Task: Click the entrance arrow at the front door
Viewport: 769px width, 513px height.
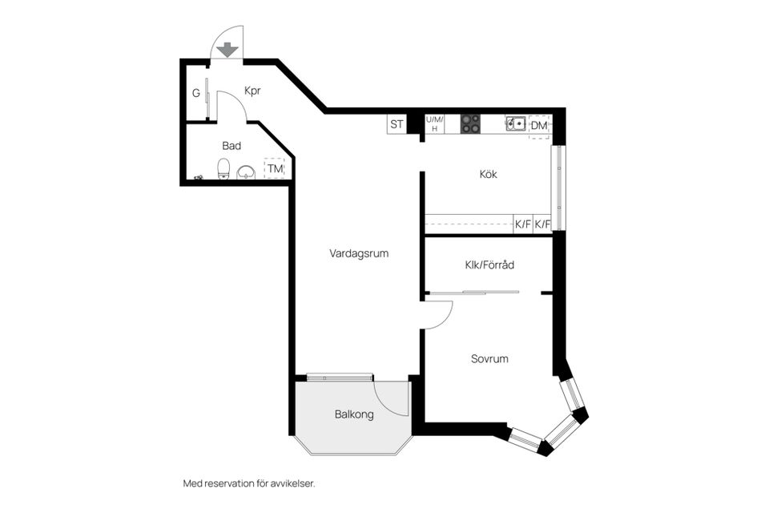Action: point(227,50)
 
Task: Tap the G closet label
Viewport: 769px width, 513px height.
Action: point(195,93)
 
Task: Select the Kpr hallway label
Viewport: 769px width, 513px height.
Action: point(253,91)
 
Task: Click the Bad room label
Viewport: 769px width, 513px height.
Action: point(232,146)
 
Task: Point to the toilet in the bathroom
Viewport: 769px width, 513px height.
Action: point(224,168)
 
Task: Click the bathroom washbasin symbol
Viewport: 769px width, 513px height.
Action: point(246,170)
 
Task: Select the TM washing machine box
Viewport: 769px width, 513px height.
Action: point(275,169)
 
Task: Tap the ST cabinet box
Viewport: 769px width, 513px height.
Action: point(397,124)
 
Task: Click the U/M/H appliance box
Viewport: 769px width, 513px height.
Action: point(434,123)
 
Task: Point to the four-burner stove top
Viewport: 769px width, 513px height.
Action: point(470,123)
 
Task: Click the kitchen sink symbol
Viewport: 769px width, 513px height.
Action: point(515,123)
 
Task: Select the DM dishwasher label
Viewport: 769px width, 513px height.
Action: point(539,125)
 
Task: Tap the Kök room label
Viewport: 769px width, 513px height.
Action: point(489,174)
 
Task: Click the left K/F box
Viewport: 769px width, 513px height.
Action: point(523,224)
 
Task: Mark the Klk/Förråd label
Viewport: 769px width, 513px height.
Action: point(489,265)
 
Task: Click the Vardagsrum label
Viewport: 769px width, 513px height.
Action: point(358,253)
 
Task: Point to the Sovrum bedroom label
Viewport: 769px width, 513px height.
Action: point(489,359)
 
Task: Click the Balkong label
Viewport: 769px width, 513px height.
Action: point(353,414)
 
